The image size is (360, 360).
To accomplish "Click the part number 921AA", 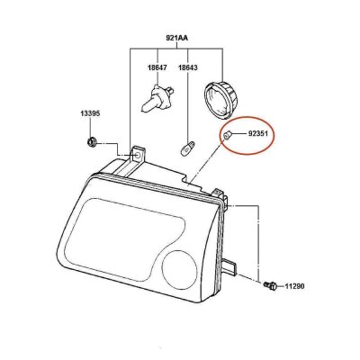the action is point(177,38).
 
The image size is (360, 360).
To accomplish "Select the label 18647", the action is point(157,67).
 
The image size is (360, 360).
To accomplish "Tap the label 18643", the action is point(188,67).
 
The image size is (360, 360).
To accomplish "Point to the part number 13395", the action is point(90,113).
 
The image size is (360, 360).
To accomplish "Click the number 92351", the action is point(258,134).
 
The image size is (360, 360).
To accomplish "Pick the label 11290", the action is point(294,286).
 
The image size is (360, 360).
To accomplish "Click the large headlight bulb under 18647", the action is point(157,98).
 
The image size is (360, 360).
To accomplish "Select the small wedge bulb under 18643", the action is point(186,148).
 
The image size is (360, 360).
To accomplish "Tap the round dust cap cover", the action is point(220,99).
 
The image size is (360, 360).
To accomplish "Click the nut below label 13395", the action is point(91,141).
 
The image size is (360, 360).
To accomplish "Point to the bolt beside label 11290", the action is point(270,285).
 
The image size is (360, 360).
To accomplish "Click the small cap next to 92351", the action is point(227,135).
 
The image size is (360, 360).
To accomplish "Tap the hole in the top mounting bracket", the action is point(138,155).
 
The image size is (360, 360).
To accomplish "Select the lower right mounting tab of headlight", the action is point(230,266).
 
